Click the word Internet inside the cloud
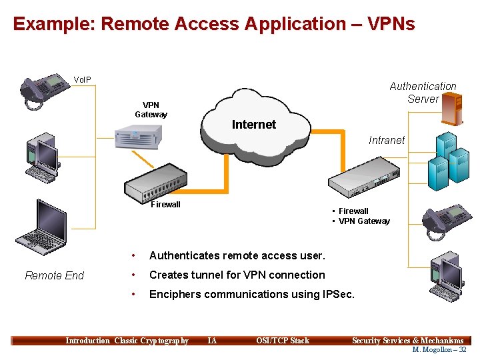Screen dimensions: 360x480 coord(253,125)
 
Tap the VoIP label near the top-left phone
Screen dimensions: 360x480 coord(83,80)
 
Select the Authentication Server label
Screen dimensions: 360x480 coord(423,93)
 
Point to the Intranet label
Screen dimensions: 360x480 coord(387,140)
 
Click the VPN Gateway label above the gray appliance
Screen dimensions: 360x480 coord(151,109)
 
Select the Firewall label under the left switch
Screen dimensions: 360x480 coord(165,205)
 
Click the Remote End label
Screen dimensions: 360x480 coord(54,275)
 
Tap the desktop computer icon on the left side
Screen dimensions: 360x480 coord(43,159)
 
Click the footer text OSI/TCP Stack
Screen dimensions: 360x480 coord(283,341)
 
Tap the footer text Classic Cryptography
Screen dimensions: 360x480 coord(151,341)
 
